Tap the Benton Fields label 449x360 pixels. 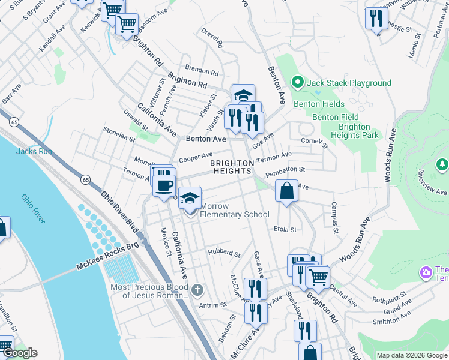pyautogui.click(x=319, y=104)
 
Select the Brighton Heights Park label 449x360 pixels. pyautogui.click(x=354, y=131)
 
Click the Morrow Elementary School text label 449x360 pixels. pyautogui.click(x=234, y=210)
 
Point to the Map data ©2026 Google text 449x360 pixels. pyautogui.click(x=411, y=355)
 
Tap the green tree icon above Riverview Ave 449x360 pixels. pyautogui.click(x=442, y=164)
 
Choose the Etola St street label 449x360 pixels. pyautogui.click(x=285, y=230)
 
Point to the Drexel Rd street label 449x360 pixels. pyautogui.click(x=212, y=37)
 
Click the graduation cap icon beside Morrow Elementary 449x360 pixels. pyautogui.click(x=190, y=198)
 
